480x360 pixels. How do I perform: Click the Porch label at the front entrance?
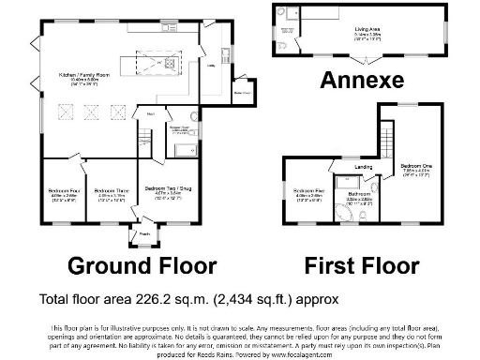(145, 233)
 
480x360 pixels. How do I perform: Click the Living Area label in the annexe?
(367, 30)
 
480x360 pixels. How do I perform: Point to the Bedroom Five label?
(308, 190)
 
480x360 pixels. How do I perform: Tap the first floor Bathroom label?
(361, 194)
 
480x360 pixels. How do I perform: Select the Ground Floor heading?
(142, 265)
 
